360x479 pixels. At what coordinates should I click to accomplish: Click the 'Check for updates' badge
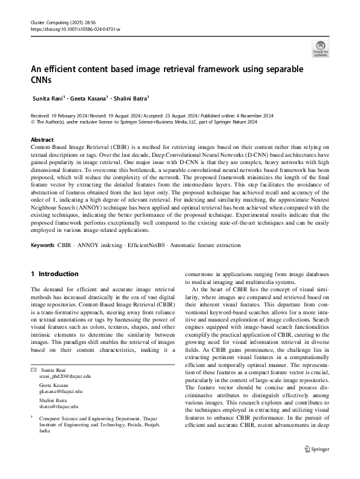[x=320, y=48]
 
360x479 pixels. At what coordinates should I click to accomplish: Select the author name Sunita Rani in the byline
[x=51, y=97]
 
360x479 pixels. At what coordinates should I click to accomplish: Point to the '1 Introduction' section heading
[x=55, y=274]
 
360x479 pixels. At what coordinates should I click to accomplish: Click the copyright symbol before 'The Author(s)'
[x=33, y=121]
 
